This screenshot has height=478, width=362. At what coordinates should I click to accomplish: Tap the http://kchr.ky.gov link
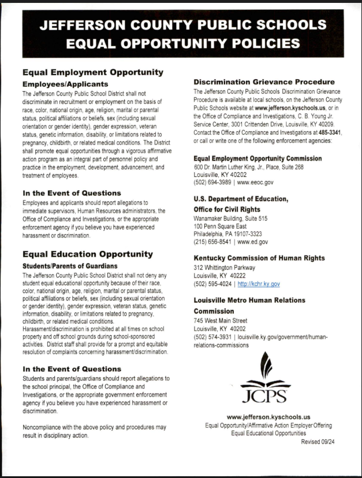click(x=259, y=284)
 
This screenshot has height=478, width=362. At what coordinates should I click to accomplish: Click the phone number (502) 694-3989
click(x=212, y=182)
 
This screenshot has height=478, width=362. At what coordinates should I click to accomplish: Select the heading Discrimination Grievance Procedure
click(x=264, y=82)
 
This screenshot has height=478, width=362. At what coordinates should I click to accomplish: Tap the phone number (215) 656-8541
click(x=212, y=242)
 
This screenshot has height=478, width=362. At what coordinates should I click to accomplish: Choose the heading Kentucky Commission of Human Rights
click(x=260, y=258)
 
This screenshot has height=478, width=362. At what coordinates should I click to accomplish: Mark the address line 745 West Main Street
click(x=221, y=321)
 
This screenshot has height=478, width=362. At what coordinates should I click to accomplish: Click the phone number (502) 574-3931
click(x=212, y=337)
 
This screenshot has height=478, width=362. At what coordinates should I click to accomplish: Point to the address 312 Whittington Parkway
click(x=224, y=268)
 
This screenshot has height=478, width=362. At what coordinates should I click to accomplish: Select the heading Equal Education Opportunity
click(x=87, y=254)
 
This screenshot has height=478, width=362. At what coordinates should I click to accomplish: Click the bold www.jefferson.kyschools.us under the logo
click(x=268, y=416)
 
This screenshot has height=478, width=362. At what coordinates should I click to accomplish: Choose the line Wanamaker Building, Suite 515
click(x=230, y=218)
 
